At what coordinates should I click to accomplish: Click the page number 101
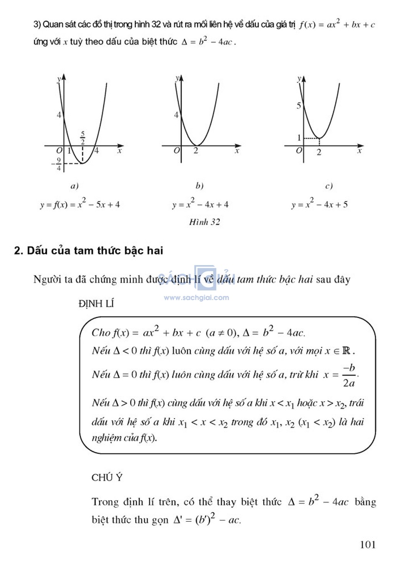pyautogui.click(x=367, y=544)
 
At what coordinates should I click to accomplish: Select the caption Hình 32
pyautogui.click(x=205, y=222)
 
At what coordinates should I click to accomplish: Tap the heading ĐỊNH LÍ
pyautogui.click(x=96, y=303)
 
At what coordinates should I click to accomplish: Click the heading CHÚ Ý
pyautogui.click(x=107, y=477)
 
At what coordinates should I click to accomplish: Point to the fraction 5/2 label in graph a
pyautogui.click(x=83, y=138)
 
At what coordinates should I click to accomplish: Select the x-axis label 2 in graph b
pyautogui.click(x=196, y=151)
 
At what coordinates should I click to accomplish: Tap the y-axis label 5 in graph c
pyautogui.click(x=299, y=105)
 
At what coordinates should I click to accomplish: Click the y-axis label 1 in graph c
pyautogui.click(x=299, y=137)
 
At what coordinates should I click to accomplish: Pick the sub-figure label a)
pyautogui.click(x=74, y=186)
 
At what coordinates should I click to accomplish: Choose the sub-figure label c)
pyautogui.click(x=329, y=186)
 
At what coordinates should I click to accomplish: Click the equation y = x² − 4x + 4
pyautogui.click(x=200, y=204)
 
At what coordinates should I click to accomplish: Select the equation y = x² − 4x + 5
pyautogui.click(x=319, y=204)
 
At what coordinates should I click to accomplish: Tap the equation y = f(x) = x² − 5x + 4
pyautogui.click(x=80, y=204)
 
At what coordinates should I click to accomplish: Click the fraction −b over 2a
pyautogui.click(x=349, y=376)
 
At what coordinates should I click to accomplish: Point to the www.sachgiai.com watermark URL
pyautogui.click(x=196, y=297)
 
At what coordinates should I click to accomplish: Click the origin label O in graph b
pyautogui.click(x=177, y=151)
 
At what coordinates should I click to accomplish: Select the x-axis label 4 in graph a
pyautogui.click(x=96, y=151)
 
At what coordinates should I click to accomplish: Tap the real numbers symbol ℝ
pyautogui.click(x=346, y=351)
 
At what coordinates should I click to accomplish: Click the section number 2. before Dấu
pyautogui.click(x=18, y=251)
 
